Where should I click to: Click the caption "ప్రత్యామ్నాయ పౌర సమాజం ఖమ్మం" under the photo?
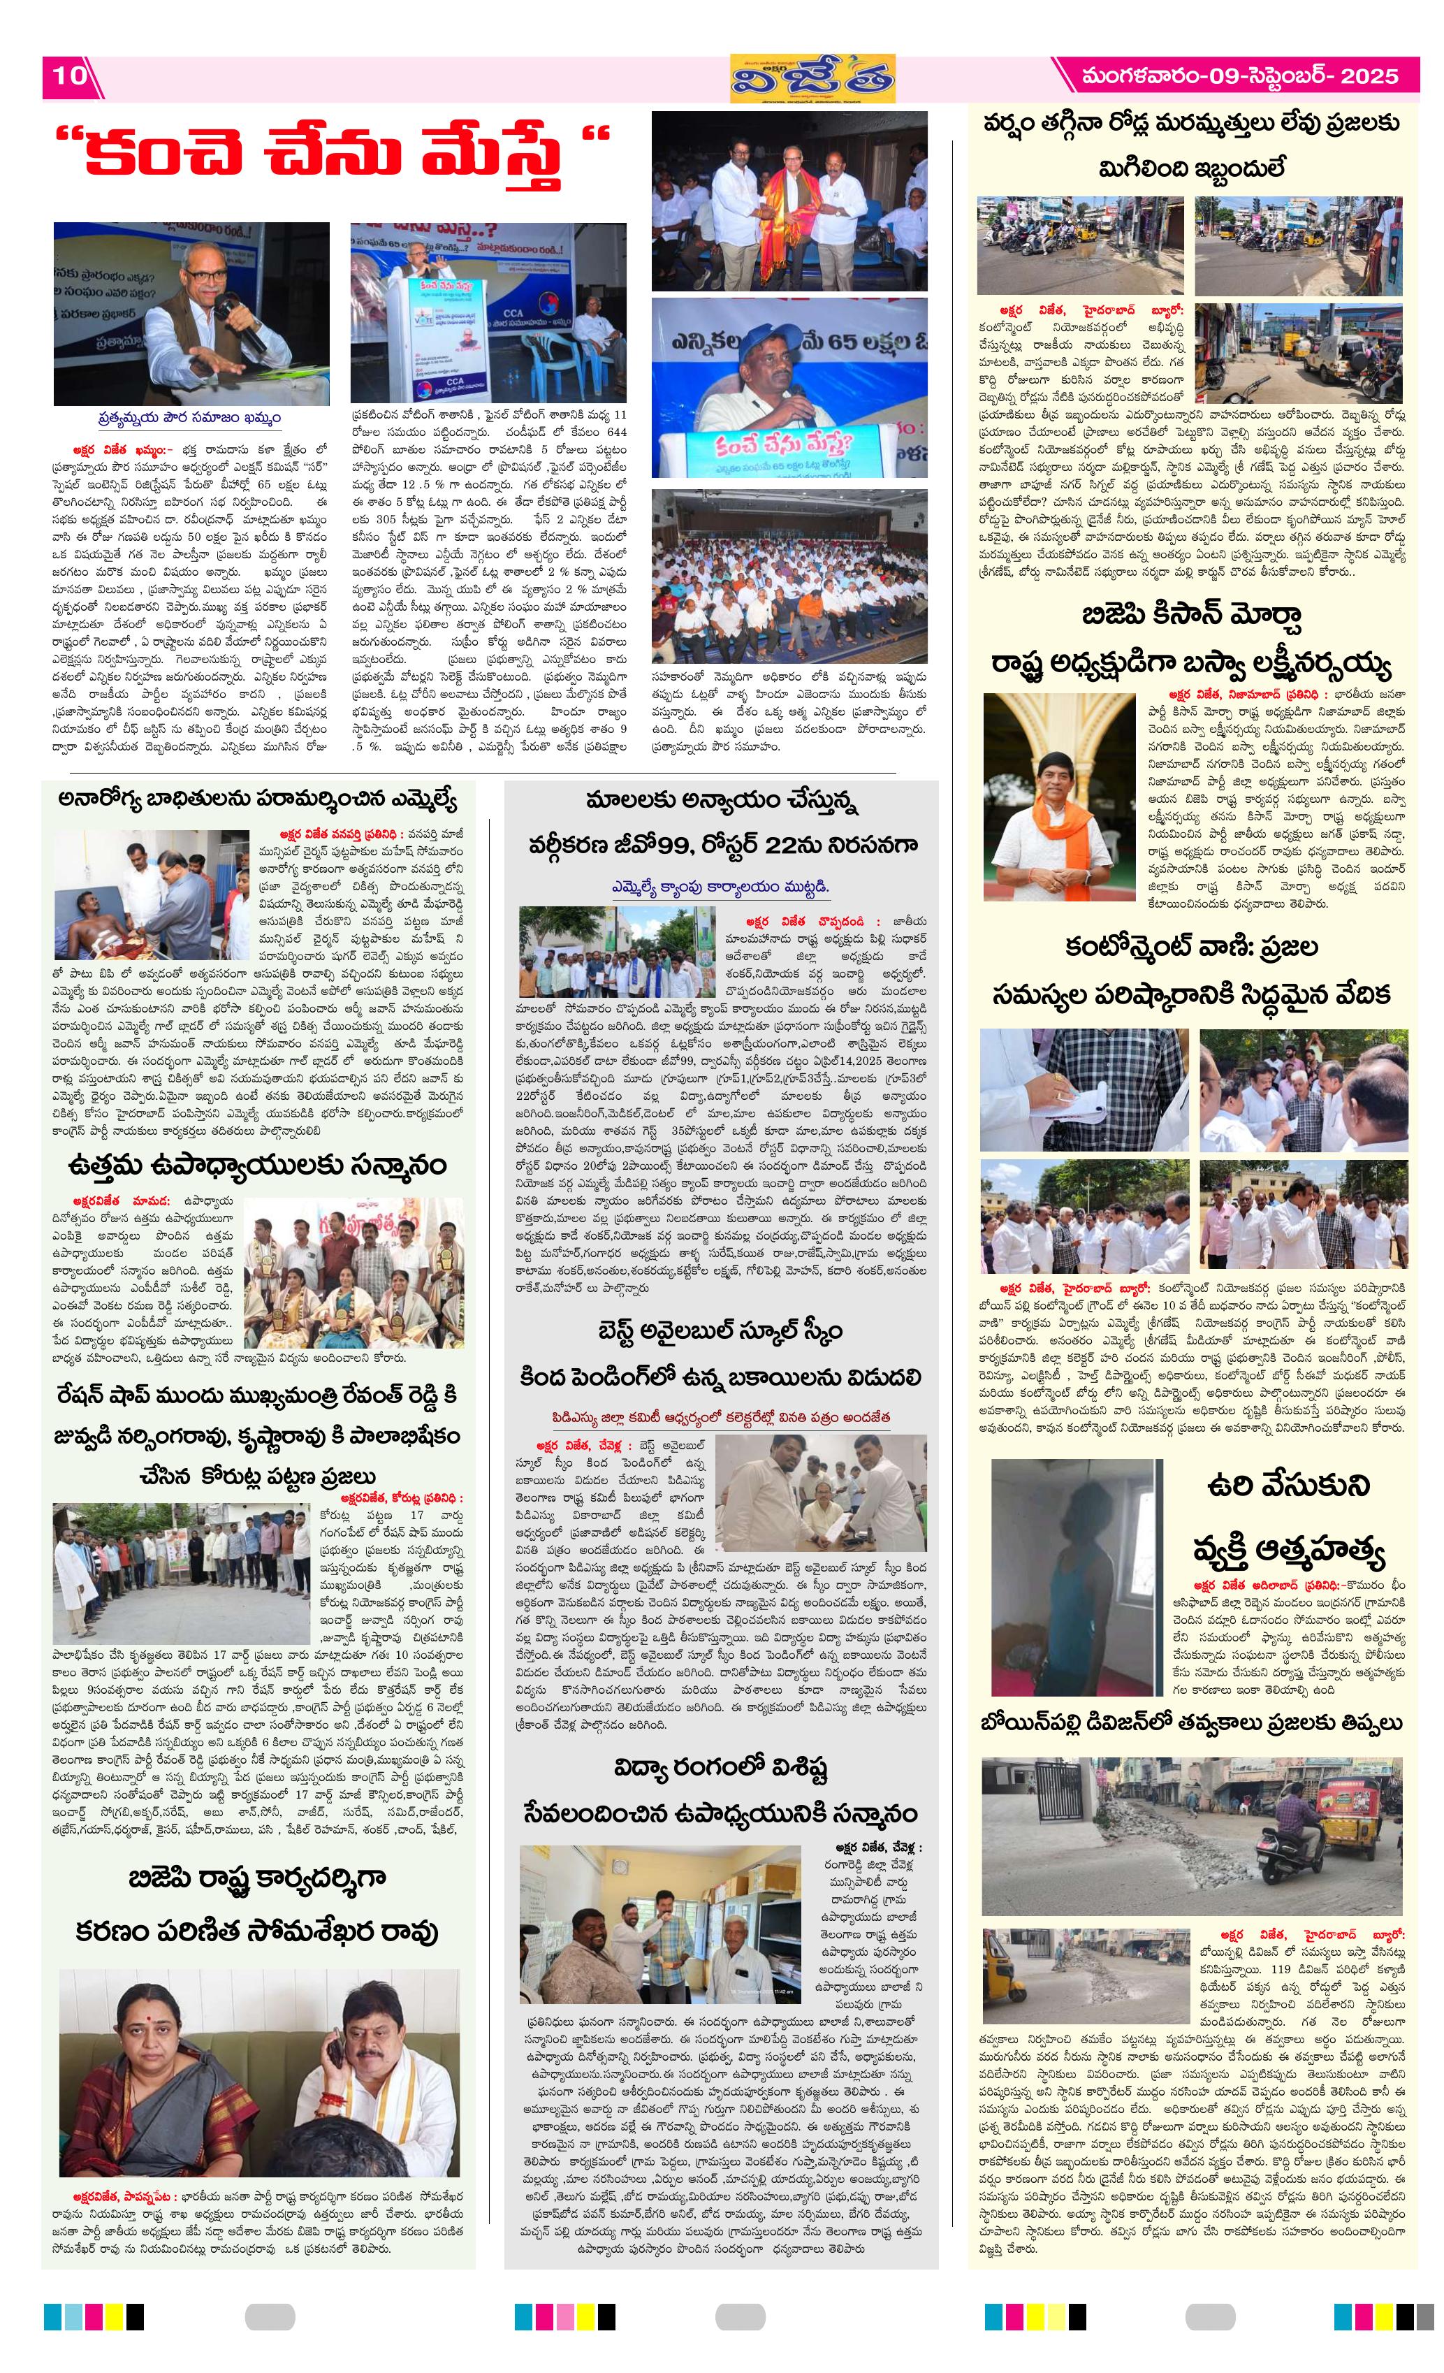coord(189,418)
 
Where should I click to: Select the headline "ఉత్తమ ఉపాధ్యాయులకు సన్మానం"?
coord(257,1166)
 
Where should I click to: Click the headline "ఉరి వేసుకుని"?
coord(1287,1484)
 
